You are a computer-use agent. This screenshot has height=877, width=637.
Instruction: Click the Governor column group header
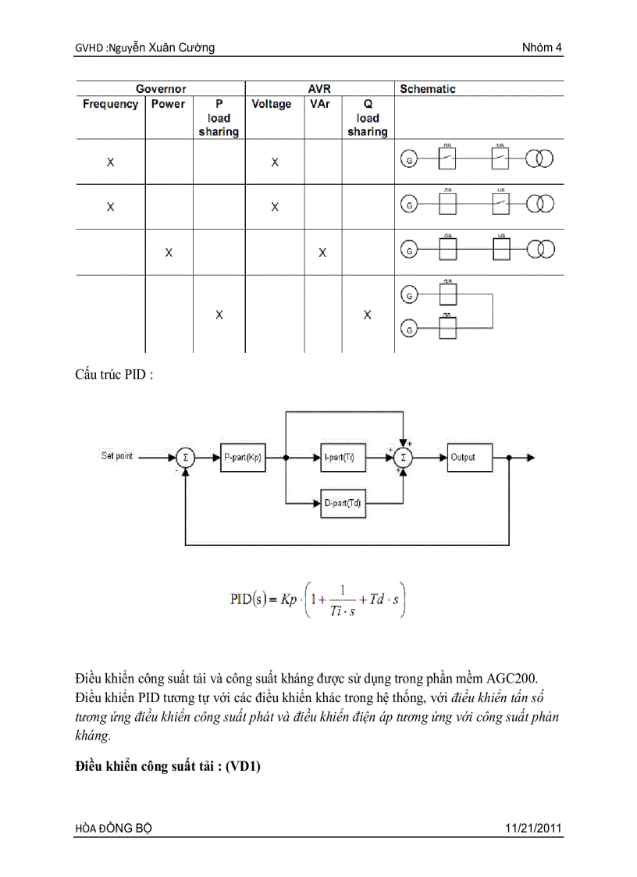click(x=161, y=89)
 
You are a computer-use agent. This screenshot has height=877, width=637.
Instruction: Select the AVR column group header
click(x=320, y=89)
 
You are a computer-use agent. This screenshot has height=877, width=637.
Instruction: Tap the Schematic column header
click(x=427, y=89)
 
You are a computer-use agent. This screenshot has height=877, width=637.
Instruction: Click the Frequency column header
click(x=110, y=104)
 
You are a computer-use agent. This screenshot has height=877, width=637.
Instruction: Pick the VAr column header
click(x=320, y=104)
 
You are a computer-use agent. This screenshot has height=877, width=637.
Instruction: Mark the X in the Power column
click(x=169, y=252)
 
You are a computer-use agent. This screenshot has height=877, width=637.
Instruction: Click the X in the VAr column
click(x=322, y=252)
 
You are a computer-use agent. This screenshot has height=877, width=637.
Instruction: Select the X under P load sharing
click(x=219, y=315)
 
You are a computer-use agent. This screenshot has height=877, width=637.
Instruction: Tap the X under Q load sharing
click(x=367, y=315)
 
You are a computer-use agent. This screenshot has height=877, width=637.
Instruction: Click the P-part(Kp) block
click(x=243, y=458)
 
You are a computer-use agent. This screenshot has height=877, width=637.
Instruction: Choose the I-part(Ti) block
click(x=343, y=458)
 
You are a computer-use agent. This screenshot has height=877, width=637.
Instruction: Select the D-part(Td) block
click(x=343, y=504)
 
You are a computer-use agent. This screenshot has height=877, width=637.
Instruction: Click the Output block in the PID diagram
click(x=471, y=458)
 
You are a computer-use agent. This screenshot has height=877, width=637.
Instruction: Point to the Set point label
click(x=118, y=455)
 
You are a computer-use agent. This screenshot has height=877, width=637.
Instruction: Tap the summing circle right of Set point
click(x=185, y=458)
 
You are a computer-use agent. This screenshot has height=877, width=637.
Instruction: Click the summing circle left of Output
click(x=403, y=458)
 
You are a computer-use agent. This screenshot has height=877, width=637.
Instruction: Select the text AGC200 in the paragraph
click(x=536, y=676)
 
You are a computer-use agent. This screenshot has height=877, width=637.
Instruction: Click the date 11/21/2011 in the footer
click(x=533, y=828)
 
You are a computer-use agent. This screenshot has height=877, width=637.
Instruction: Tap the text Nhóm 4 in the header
click(x=543, y=48)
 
